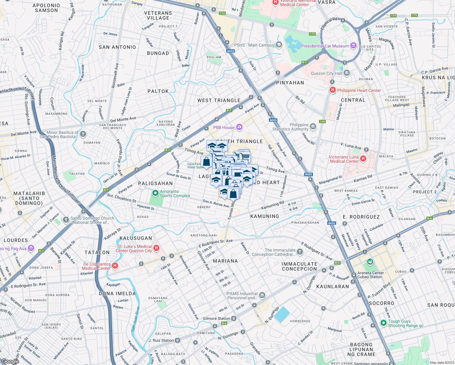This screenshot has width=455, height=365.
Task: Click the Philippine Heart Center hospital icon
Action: [332, 90]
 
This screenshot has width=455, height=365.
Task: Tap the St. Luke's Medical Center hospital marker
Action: [156, 248]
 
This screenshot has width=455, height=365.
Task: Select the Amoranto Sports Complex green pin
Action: [155, 193]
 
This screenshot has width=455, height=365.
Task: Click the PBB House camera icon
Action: [239, 127]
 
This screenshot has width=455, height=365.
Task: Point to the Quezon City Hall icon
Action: [347, 73]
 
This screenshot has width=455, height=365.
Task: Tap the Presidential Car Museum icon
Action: [353, 46]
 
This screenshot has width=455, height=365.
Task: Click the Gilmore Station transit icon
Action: [234, 318]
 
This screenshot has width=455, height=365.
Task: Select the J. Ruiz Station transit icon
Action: [177, 340]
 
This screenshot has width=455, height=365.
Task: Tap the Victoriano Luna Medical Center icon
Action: [363, 158]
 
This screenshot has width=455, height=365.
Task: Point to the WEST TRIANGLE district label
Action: [219, 100]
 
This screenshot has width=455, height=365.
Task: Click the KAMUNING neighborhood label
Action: [265, 216]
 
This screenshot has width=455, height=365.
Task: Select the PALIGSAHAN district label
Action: [155, 183]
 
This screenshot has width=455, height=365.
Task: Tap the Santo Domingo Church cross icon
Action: [66, 220]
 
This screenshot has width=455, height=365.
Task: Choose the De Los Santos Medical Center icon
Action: [115, 266]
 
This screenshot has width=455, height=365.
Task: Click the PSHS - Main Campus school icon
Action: [279, 45]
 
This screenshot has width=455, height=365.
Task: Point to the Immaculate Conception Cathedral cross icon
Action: [300, 252]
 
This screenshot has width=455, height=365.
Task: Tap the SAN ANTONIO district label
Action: [117, 47]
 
